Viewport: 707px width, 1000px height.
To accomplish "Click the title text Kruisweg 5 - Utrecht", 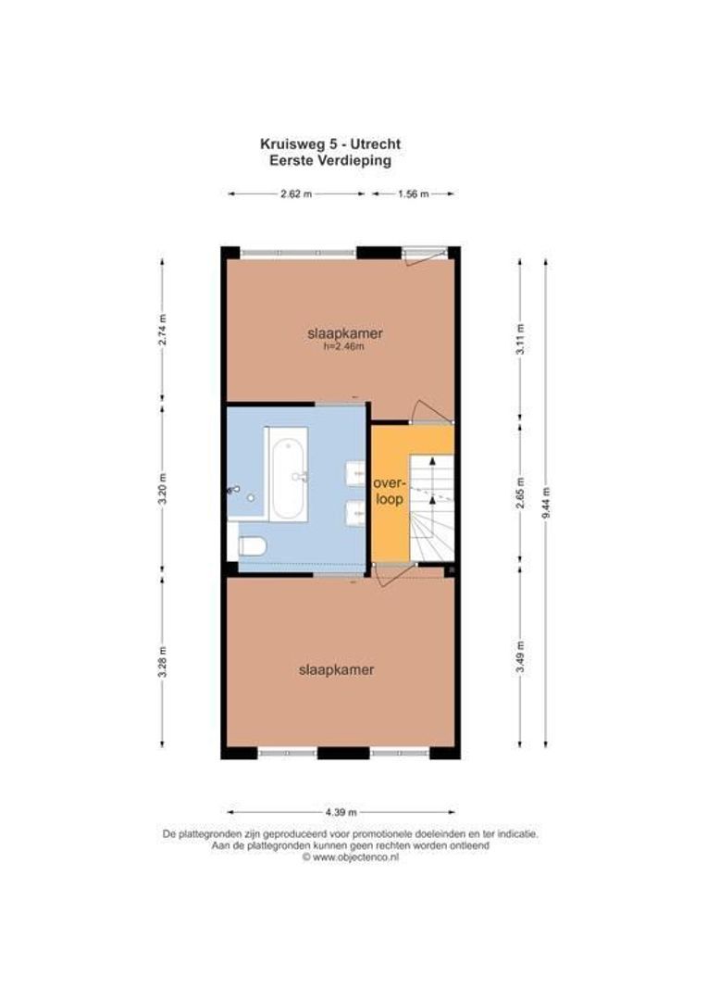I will pyautogui.click(x=329, y=144).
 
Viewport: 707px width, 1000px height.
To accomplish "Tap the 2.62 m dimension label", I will pyautogui.click(x=297, y=194).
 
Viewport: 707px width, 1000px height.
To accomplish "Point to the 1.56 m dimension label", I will pyautogui.click(x=413, y=194).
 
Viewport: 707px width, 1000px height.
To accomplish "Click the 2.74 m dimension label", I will pyautogui.click(x=162, y=331).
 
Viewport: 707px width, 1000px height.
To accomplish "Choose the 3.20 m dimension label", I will pyautogui.click(x=162, y=489).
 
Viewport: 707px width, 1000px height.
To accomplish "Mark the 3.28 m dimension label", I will pyautogui.click(x=162, y=661).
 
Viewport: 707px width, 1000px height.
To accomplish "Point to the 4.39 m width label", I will pyautogui.click(x=340, y=813).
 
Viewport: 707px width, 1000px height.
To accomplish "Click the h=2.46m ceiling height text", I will pyautogui.click(x=344, y=347).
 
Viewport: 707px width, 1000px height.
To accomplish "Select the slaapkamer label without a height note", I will pyautogui.click(x=336, y=669).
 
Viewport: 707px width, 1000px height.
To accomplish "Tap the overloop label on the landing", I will pyautogui.click(x=389, y=491).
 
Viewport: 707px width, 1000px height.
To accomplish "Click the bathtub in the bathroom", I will pyautogui.click(x=287, y=474).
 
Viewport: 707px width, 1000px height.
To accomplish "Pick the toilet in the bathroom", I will pyautogui.click(x=250, y=545).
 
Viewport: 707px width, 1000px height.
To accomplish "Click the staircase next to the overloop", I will pyautogui.click(x=432, y=509).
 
